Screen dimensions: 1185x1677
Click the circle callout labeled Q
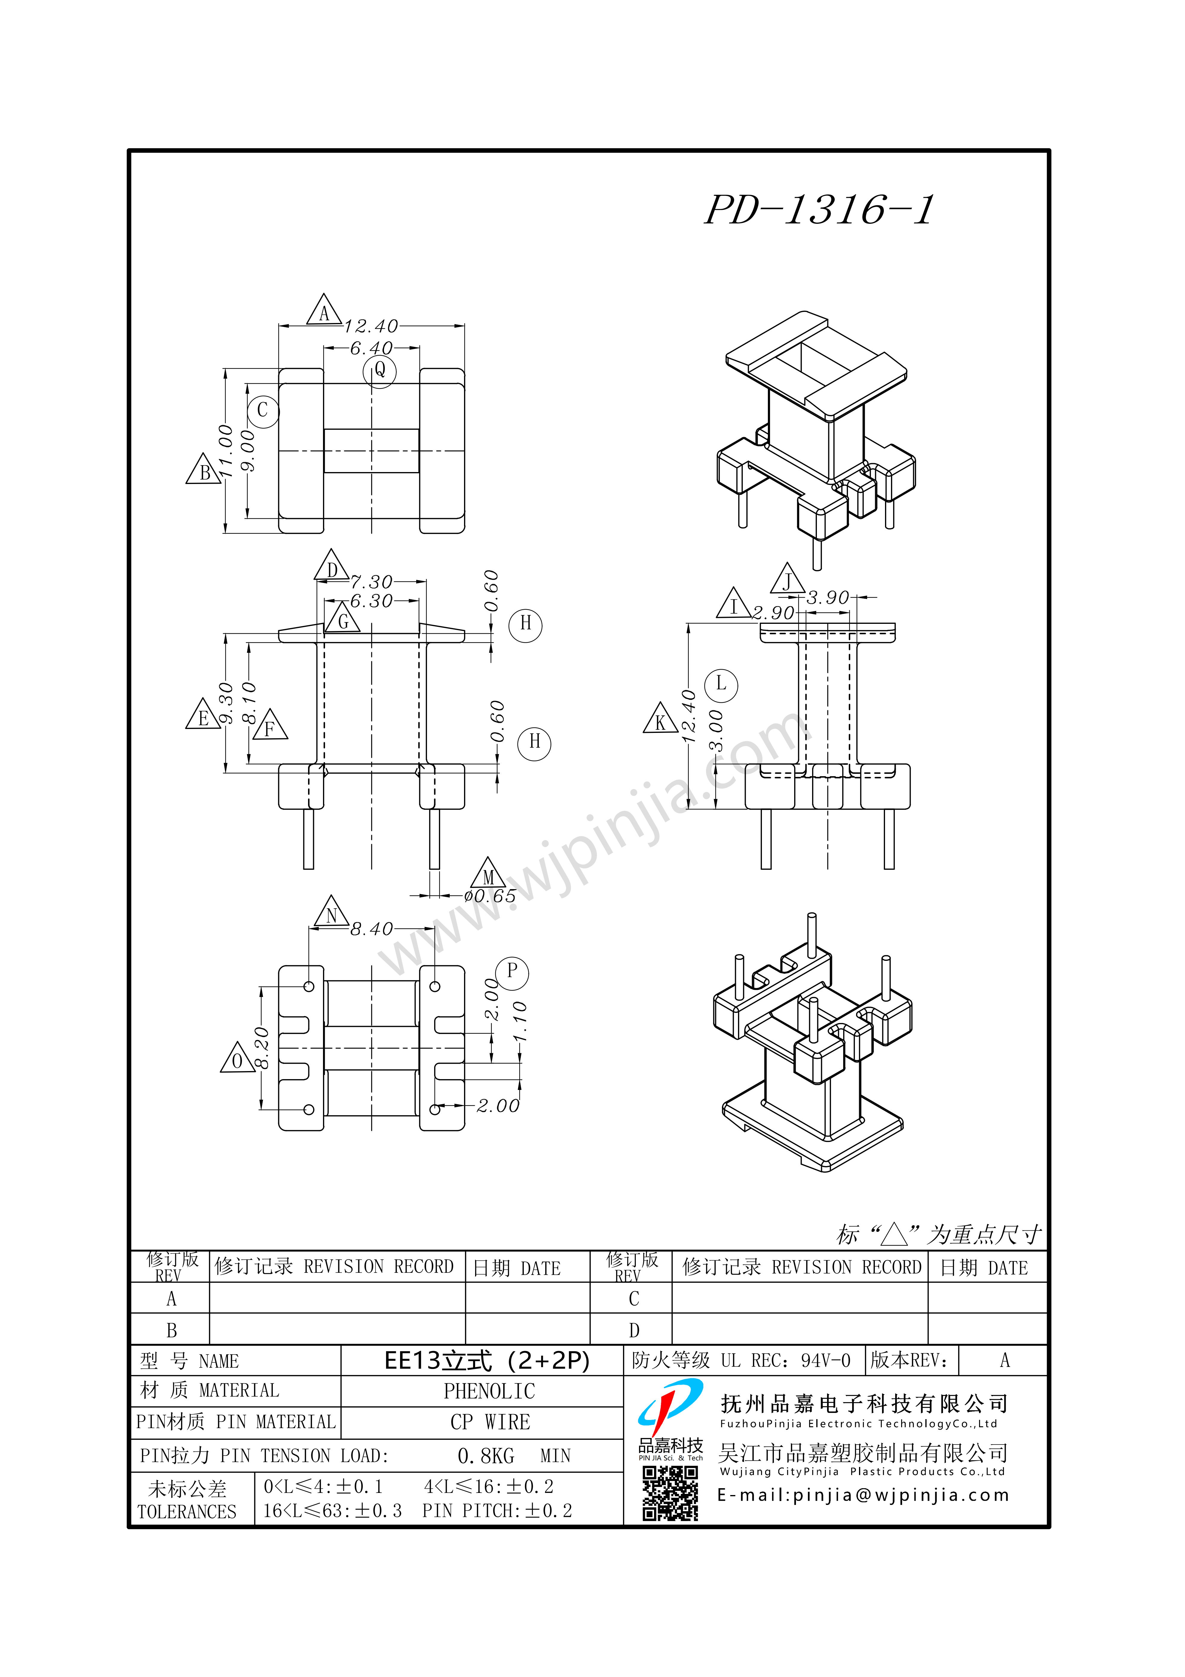tap(380, 371)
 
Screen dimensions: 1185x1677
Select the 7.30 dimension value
tap(371, 582)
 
